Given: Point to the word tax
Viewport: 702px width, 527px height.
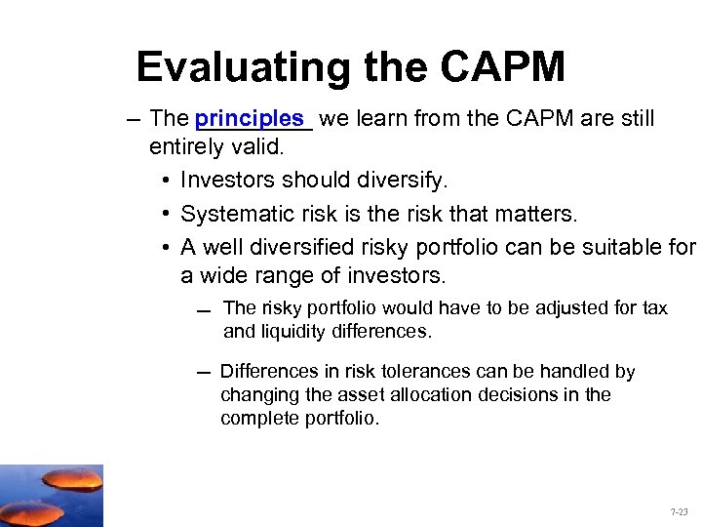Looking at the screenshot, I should pos(654,308).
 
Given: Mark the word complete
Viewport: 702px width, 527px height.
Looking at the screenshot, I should pos(256,418).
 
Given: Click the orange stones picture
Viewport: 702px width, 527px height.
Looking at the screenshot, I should pos(51,495).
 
